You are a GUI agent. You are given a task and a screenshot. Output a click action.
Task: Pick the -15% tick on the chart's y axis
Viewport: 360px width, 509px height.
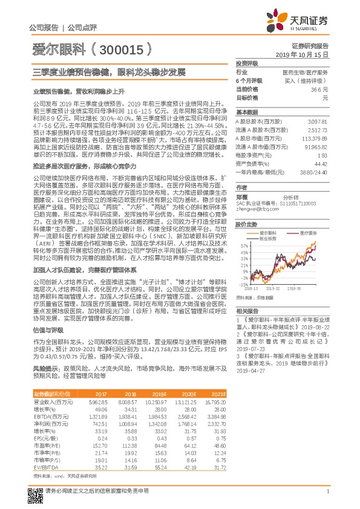pos(243,284)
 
